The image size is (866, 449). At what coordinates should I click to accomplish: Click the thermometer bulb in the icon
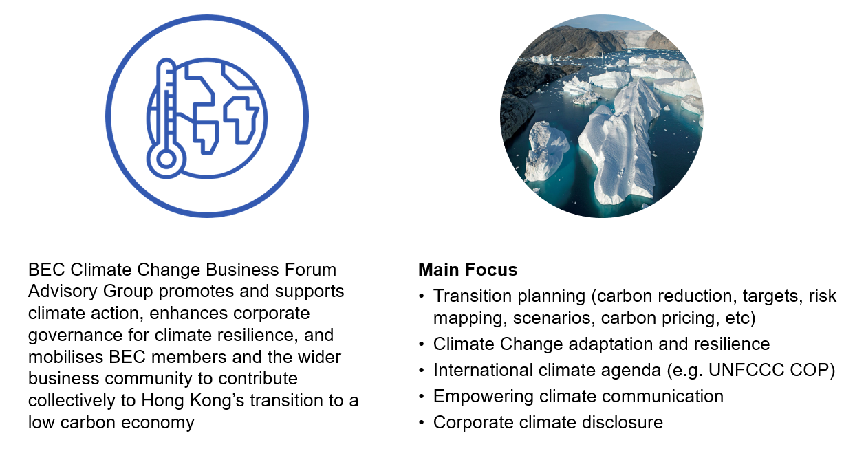(x=166, y=159)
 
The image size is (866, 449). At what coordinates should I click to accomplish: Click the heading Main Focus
(x=468, y=270)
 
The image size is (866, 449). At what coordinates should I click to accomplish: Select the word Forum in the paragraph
(x=310, y=270)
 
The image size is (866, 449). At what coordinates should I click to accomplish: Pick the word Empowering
(x=484, y=397)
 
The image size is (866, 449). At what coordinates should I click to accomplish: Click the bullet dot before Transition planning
(x=422, y=296)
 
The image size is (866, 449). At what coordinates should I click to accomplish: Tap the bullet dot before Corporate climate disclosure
(x=422, y=423)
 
